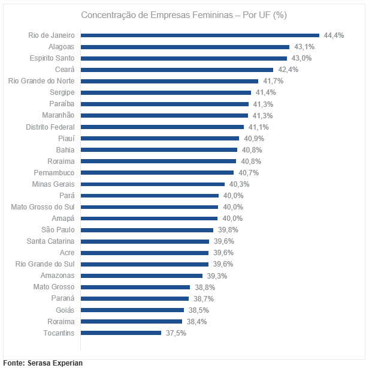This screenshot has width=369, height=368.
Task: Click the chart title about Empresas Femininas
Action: tap(184, 14)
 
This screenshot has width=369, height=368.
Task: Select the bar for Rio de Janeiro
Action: tap(199, 35)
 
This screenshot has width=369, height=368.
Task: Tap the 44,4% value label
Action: tap(334, 35)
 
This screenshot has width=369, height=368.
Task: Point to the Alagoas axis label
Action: tap(61, 47)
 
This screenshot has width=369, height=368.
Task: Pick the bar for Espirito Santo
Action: tap(184, 58)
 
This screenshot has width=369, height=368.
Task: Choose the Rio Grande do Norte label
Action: tap(41, 81)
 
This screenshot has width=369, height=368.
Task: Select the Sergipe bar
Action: tap(165, 92)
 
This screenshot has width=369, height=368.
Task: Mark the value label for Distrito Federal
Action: tap(259, 127)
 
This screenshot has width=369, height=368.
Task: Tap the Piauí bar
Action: tap(159, 138)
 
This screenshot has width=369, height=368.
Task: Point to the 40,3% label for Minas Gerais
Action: tap(239, 184)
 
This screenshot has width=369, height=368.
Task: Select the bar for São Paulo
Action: tap(147, 230)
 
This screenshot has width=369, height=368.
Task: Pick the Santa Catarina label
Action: tap(50, 241)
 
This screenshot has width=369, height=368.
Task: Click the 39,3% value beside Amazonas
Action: tap(216, 276)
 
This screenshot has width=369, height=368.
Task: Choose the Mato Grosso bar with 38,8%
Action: tap(135, 287)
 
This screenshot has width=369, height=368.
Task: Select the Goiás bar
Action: tap(132, 310)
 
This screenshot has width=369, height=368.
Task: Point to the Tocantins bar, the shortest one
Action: tap(120, 333)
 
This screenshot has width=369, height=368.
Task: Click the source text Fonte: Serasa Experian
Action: tap(43, 363)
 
